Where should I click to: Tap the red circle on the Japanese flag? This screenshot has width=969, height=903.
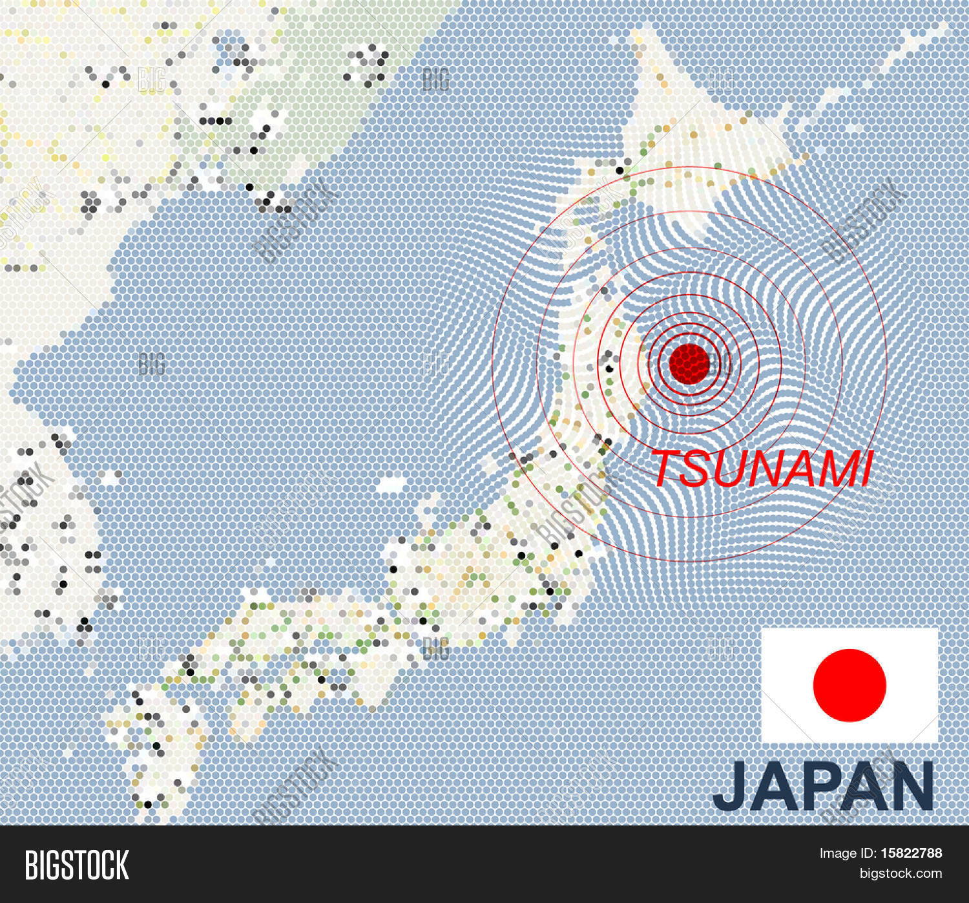click(849, 685)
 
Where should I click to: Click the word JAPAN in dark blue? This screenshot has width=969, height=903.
click(824, 787)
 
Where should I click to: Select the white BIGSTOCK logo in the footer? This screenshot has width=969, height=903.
click(77, 865)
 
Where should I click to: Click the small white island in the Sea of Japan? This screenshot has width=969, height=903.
click(391, 483)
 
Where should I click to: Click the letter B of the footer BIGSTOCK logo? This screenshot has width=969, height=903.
click(32, 865)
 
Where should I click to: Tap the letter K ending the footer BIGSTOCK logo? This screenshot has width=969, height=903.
click(122, 865)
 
